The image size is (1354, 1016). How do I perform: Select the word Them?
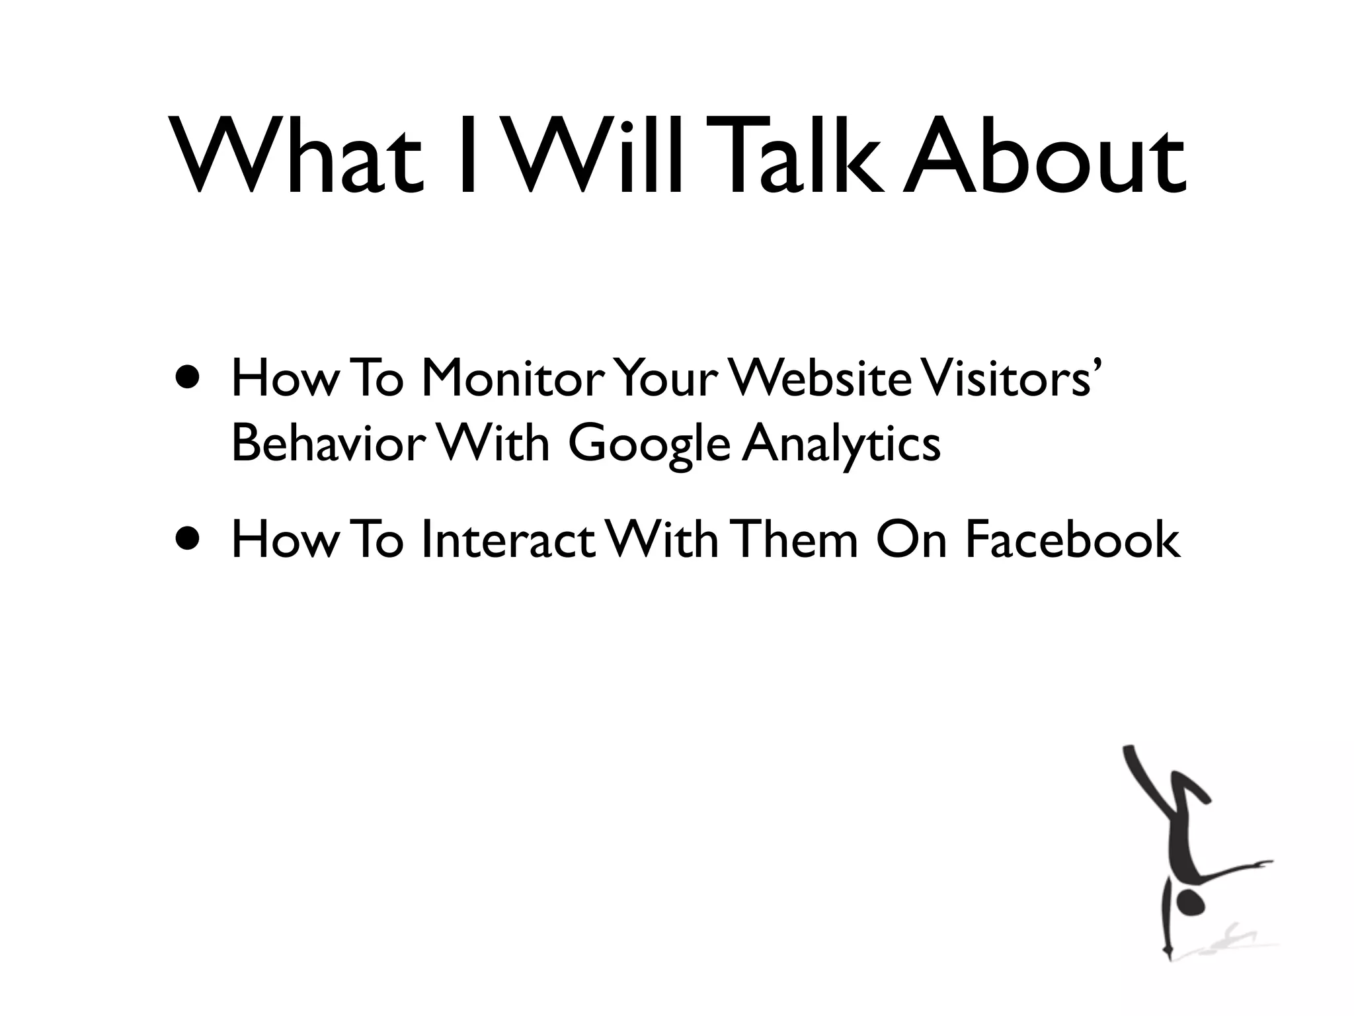click(x=796, y=539)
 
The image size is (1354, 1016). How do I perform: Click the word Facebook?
click(x=1072, y=539)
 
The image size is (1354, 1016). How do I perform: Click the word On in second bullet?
click(x=912, y=539)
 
